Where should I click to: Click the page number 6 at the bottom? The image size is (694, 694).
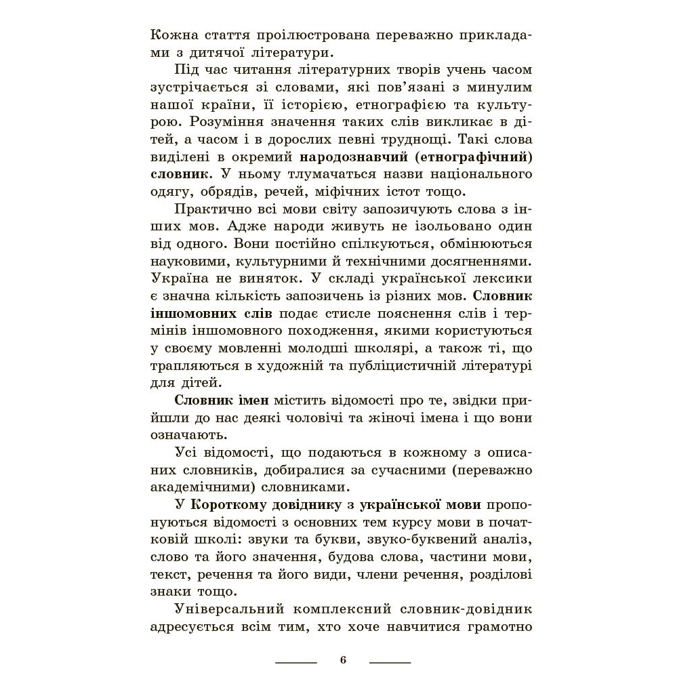[x=343, y=660]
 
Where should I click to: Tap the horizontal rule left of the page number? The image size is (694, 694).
[x=296, y=661]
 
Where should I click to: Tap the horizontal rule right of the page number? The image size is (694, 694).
[x=390, y=661]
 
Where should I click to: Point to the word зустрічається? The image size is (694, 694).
[x=195, y=87]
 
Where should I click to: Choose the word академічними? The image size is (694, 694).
[x=192, y=487]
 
